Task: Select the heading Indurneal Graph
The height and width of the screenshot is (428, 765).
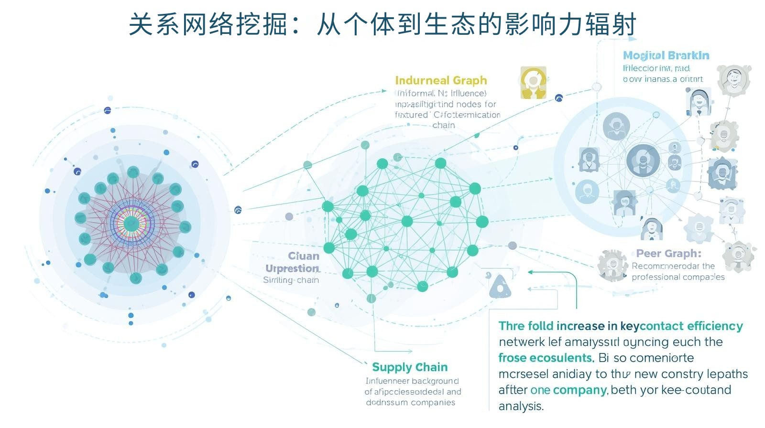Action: tap(441, 80)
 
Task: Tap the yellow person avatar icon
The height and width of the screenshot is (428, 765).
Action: tap(533, 82)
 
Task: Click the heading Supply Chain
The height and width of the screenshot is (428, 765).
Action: tap(410, 367)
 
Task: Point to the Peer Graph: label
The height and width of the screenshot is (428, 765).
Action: tap(668, 253)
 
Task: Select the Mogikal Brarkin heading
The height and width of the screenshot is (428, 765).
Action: tap(666, 55)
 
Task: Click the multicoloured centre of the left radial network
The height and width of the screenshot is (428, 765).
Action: tap(131, 223)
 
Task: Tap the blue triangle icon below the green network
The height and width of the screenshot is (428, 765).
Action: tap(500, 287)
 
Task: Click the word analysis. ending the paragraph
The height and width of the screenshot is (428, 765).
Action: tap(521, 406)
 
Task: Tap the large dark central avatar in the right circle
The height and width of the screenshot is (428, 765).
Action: tap(643, 161)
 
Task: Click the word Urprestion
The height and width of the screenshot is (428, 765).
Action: tap(292, 268)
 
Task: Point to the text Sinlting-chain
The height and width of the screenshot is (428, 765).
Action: tap(291, 280)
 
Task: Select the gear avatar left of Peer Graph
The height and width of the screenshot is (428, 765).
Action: tap(612, 265)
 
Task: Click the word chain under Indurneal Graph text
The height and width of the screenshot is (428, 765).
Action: tap(443, 125)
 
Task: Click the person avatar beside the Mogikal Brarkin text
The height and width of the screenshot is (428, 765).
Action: tap(733, 79)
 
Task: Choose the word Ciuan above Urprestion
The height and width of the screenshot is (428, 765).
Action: tap(304, 256)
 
